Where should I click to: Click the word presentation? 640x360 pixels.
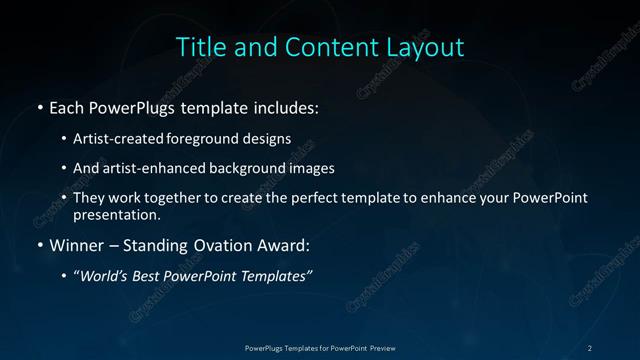tap(116, 215)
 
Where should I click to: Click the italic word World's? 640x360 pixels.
tap(106, 275)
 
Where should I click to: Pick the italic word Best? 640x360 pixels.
tap(151, 275)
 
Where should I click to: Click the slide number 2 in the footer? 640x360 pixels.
tap(590, 347)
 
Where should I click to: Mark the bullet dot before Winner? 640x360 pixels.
tap(38, 245)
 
